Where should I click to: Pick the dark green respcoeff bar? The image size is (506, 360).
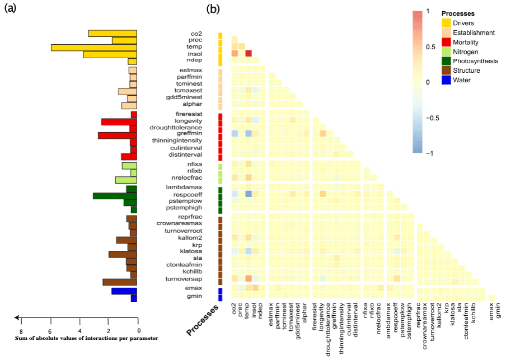click(115, 196)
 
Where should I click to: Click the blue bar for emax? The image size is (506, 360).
click(124, 291)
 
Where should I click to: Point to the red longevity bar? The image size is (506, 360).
click(119, 121)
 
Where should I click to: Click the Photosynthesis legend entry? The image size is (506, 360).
click(470, 61)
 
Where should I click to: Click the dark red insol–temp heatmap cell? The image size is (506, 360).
click(249, 53)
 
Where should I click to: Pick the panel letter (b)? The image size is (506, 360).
click(213, 10)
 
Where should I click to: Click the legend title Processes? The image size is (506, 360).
click(458, 13)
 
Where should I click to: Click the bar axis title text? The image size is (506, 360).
click(79, 338)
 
